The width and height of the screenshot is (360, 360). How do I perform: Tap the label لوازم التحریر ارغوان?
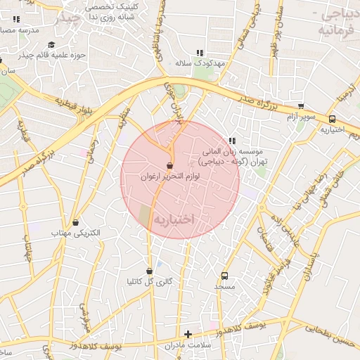pos(169,179)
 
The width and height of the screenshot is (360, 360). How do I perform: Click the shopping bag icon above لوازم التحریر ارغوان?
pos(169,166)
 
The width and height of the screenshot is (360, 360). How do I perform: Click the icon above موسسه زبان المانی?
pos(232,141)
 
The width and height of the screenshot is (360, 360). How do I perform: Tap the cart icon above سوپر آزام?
pos(301,106)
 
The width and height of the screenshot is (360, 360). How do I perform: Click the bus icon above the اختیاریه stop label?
pos(332,119)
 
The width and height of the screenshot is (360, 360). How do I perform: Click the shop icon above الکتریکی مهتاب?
pos(76,222)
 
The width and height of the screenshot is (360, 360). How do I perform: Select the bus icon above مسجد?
pos(225,276)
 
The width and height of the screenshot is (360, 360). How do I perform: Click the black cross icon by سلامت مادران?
pos(187,334)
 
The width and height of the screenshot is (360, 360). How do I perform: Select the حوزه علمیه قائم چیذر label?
pos(52,54)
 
